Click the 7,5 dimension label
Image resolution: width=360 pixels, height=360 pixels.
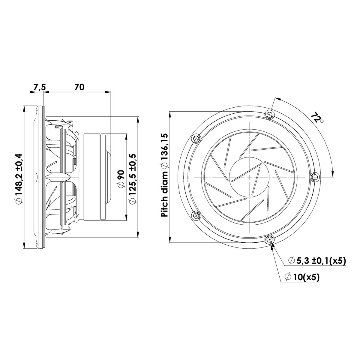click(x=39, y=87)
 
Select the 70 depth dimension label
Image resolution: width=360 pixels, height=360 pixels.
click(x=79, y=87)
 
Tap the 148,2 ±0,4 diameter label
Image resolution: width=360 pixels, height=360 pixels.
click(x=18, y=179)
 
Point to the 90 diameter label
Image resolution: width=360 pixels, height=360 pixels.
click(x=121, y=179)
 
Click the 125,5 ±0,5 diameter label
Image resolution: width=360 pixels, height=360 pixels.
click(x=132, y=179)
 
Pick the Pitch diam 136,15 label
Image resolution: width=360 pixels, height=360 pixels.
click(x=164, y=175)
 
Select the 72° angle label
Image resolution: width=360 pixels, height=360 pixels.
click(x=316, y=117)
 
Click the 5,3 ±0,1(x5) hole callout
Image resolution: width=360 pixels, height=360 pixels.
click(x=317, y=261)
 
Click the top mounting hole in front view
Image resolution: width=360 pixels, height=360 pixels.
click(x=270, y=115)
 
